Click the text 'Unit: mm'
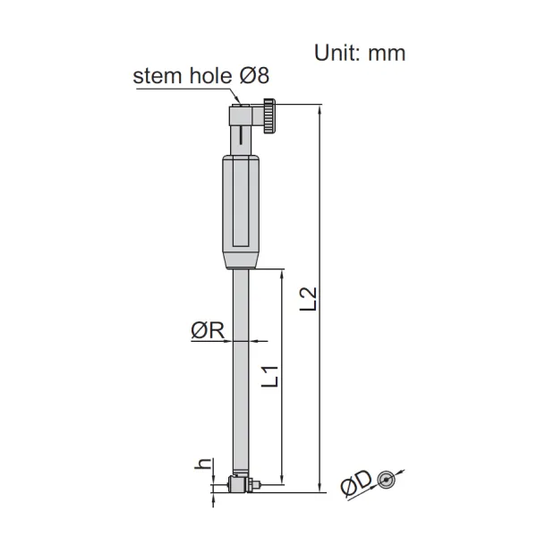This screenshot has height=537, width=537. click(x=360, y=54)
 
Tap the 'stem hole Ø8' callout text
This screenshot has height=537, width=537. click(x=201, y=75)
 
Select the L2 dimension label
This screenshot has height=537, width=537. click(x=308, y=299)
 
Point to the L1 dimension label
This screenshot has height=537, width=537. click(x=270, y=377)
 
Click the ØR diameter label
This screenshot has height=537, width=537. click(x=208, y=330)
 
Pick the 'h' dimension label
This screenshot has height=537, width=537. click(x=202, y=464)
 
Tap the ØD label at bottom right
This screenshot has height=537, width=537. click(x=356, y=483)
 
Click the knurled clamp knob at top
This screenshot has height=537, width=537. click(x=269, y=115)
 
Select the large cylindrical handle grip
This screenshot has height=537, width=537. click(x=241, y=211)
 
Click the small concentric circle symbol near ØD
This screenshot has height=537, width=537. click(x=387, y=480)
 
